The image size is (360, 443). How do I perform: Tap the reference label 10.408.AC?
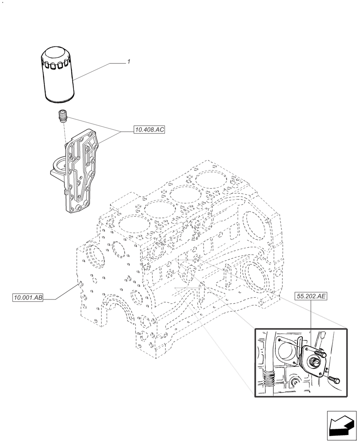pos(149,130)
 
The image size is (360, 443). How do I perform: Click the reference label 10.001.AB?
pos(28,298)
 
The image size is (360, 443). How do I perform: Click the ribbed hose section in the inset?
pos(269,378)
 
